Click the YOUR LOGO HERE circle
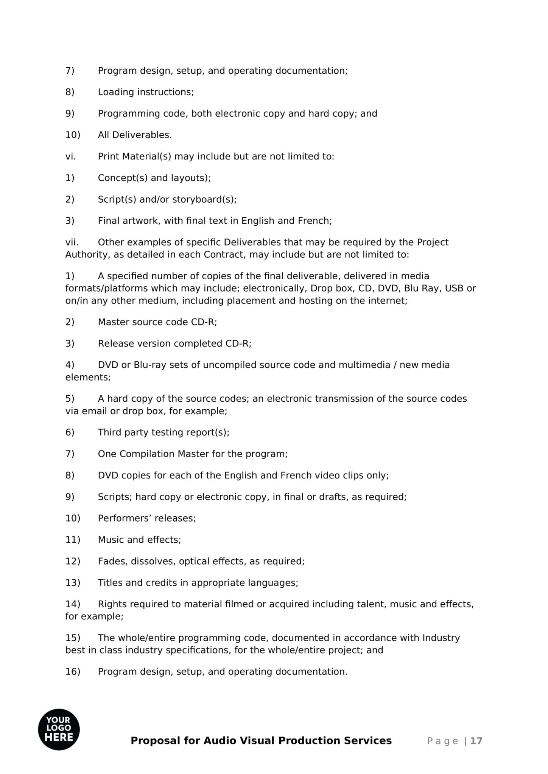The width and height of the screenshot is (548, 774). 59,729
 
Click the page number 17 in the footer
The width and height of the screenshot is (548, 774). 476,741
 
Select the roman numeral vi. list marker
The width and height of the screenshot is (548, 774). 70,156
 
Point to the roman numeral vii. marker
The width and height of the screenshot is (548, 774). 72,242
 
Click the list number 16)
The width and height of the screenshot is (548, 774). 73,672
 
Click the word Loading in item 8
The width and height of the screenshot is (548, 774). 116,92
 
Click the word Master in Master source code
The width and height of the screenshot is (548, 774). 113,322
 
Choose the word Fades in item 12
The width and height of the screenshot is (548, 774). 112,561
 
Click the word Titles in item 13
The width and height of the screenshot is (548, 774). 110,583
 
